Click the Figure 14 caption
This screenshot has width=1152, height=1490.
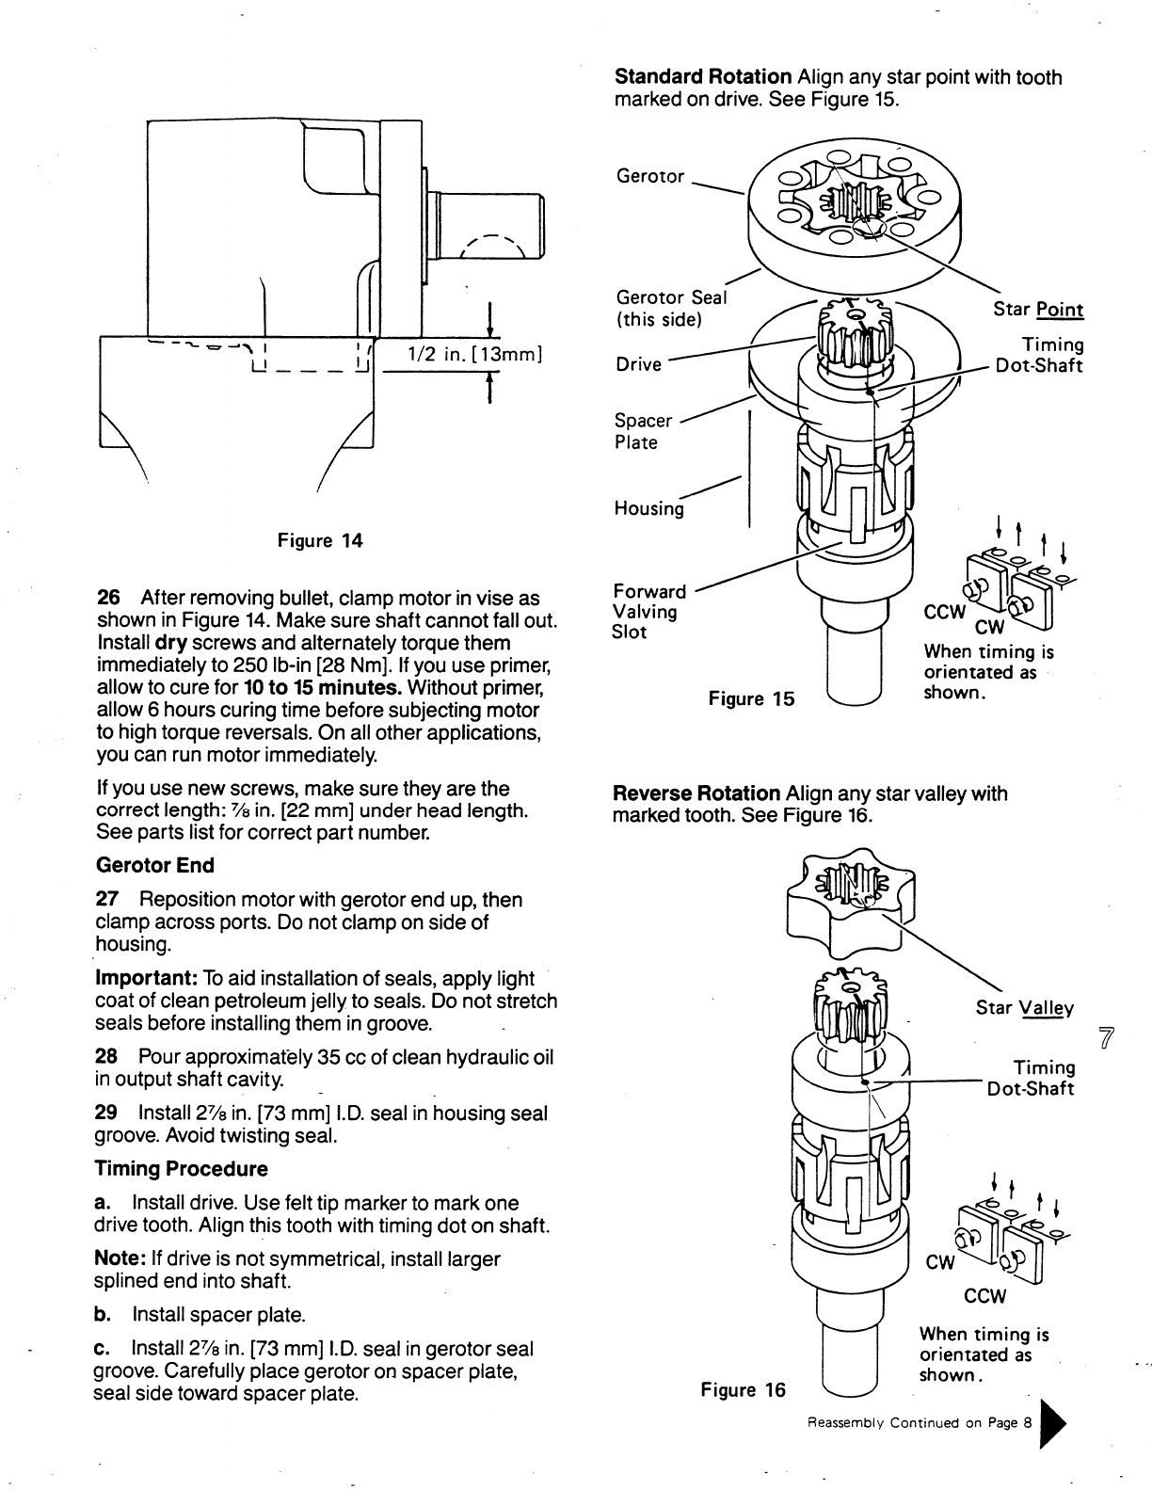319,540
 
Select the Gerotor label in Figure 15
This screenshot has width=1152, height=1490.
650,176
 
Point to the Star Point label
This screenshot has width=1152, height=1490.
1038,310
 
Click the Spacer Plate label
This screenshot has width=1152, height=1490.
644,431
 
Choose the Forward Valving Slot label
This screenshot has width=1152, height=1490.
649,611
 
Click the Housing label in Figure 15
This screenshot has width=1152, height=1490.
649,508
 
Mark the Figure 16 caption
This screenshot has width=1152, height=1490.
743,1390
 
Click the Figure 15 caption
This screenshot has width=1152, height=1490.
751,698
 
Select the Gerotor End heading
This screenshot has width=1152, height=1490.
155,865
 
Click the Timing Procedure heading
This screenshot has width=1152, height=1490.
181,1169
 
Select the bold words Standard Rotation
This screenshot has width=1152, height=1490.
702,76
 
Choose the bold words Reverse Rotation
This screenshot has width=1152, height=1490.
696,793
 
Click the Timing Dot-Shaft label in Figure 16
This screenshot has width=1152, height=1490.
1032,1078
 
